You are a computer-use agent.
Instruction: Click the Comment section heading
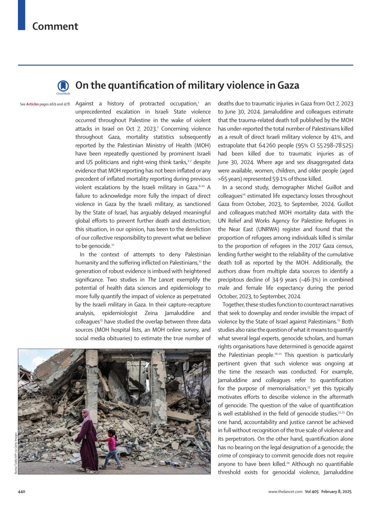(x=55, y=26)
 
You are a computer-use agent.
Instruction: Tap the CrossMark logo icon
(x=63, y=86)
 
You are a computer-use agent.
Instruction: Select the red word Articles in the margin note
(x=32, y=104)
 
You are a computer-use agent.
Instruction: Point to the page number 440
(x=21, y=492)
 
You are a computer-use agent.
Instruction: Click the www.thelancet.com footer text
(x=285, y=492)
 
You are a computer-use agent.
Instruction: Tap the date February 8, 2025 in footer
(x=336, y=492)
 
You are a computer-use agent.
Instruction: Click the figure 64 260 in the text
(x=267, y=146)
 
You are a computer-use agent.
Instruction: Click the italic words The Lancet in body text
(x=161, y=280)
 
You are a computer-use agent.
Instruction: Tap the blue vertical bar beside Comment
(x=21, y=15)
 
